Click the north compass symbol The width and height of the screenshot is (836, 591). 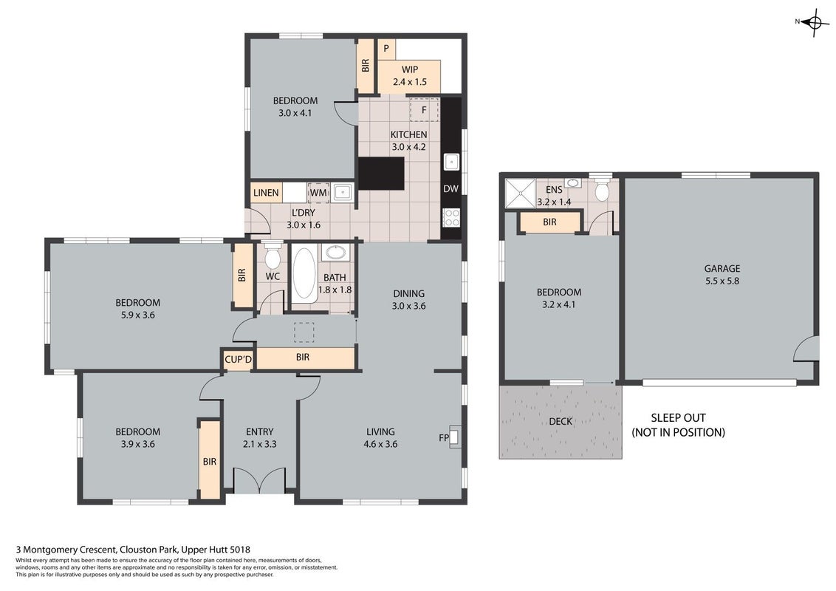pos(814,22)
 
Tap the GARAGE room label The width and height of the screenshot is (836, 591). pos(722,269)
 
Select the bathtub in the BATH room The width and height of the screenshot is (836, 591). pos(304,273)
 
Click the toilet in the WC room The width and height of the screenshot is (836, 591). pos(273,256)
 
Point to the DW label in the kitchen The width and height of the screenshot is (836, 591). pos(450,189)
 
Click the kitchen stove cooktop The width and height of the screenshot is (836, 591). pos(451,218)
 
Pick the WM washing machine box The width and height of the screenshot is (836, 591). pos(318,193)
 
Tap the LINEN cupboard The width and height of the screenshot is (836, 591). pos(266,193)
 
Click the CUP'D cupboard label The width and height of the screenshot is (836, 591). pos(238,360)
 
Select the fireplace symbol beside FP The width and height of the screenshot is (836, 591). pos(455,437)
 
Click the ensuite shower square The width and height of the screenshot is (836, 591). pos(520,193)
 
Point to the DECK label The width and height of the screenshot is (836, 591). pos(561,421)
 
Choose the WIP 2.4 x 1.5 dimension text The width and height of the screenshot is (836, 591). pos(409,82)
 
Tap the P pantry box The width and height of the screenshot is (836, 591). pos(386,49)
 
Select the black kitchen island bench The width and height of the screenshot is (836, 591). pos(381,174)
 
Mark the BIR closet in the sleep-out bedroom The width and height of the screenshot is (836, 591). pos(549,222)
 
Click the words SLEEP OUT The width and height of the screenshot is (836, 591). pos(678,418)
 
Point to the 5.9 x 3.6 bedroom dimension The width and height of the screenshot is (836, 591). pos(137,315)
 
